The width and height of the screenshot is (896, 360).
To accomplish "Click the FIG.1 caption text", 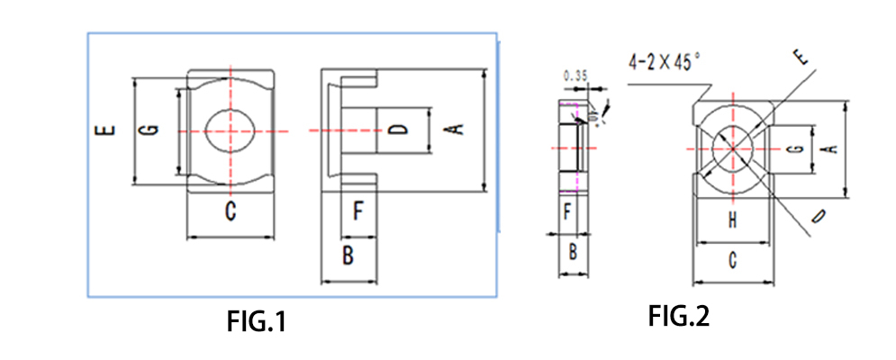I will (257, 321).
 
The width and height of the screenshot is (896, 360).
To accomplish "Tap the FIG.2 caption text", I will (679, 316).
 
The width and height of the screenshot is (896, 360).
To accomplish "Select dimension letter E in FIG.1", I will (107, 131).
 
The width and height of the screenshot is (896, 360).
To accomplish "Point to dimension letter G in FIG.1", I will (153, 131).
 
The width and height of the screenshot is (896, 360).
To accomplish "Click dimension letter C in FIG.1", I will (230, 212).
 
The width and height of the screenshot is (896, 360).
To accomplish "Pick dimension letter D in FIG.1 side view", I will (402, 130).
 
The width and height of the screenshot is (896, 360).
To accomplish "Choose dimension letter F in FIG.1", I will (357, 212).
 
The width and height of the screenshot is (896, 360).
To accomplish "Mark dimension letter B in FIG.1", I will (348, 256).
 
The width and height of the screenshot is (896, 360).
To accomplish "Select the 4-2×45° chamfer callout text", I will (665, 63).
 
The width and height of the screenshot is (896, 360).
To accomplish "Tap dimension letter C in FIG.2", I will (733, 261).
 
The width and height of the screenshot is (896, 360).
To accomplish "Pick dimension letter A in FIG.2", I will (832, 148).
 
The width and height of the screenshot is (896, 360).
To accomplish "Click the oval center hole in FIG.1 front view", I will (231, 131).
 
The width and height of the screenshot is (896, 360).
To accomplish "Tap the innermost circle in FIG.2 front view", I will (732, 148).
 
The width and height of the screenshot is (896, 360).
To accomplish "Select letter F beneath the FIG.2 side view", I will (566, 213).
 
